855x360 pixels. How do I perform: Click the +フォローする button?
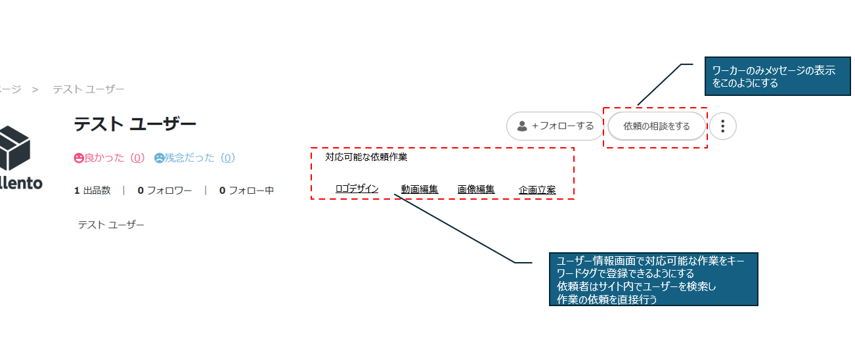click(555, 126)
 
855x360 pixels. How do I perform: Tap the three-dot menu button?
click(723, 126)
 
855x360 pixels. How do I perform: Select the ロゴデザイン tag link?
click(357, 189)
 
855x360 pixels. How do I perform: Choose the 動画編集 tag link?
click(420, 190)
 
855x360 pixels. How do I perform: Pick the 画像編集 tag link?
click(476, 190)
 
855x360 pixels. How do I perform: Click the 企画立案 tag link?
click(537, 190)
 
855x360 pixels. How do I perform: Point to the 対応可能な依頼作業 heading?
click(366, 158)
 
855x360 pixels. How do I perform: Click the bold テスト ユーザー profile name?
click(135, 124)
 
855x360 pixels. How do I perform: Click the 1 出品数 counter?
click(92, 191)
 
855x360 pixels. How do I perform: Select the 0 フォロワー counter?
click(164, 191)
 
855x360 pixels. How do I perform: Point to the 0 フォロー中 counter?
click(246, 191)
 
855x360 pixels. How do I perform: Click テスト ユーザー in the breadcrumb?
click(89, 89)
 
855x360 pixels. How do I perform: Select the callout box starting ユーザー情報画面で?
click(653, 279)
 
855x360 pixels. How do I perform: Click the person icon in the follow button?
click(522, 126)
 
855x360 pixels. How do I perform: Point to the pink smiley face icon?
click(79, 158)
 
